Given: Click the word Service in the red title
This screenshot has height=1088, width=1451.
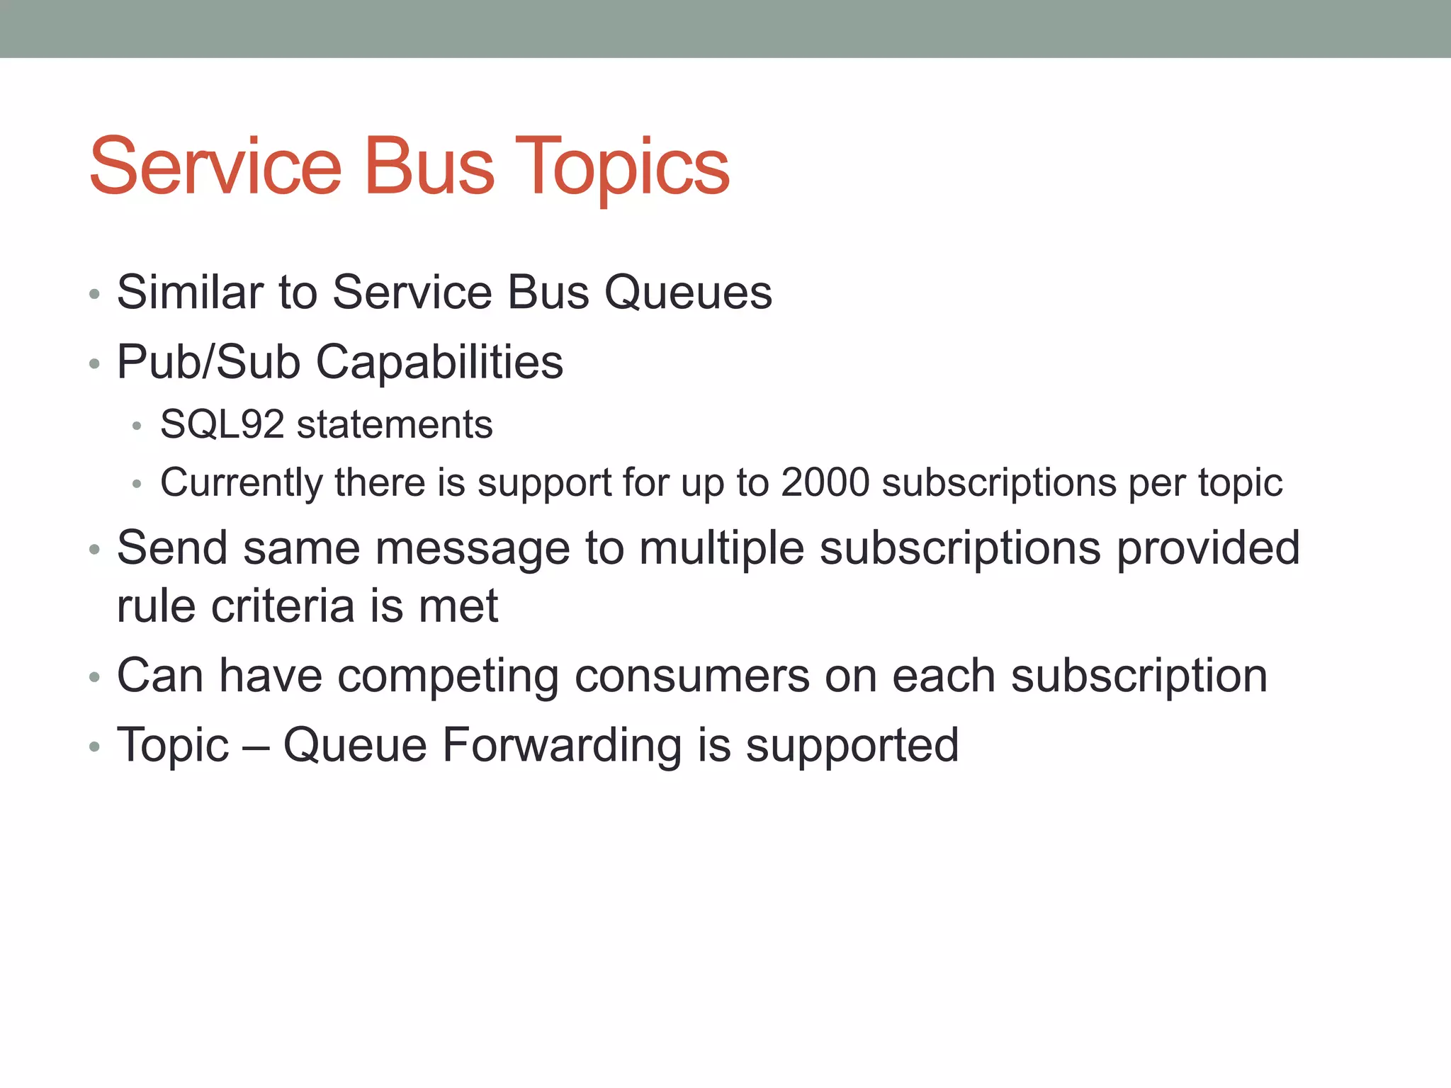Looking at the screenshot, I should point(215,167).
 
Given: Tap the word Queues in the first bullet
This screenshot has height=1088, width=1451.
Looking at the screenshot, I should point(687,292).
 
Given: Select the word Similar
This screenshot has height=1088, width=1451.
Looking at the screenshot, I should point(191,292).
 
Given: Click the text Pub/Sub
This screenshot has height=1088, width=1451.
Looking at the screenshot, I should point(208,362).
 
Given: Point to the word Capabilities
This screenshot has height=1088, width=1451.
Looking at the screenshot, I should point(439,362).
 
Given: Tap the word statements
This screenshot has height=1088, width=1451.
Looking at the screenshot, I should point(394,425).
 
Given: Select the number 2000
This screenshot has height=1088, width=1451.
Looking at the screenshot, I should point(825,483).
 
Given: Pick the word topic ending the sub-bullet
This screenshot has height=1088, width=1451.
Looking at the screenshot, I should point(1240,483).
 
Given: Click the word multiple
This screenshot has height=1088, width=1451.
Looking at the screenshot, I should point(721,548).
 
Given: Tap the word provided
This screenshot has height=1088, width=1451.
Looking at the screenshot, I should point(1208,548).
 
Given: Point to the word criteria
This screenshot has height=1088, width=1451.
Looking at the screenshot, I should point(283,606).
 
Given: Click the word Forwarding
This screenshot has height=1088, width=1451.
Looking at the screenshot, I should point(561,745).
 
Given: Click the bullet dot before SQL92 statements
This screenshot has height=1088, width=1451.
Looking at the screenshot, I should point(137,426).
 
